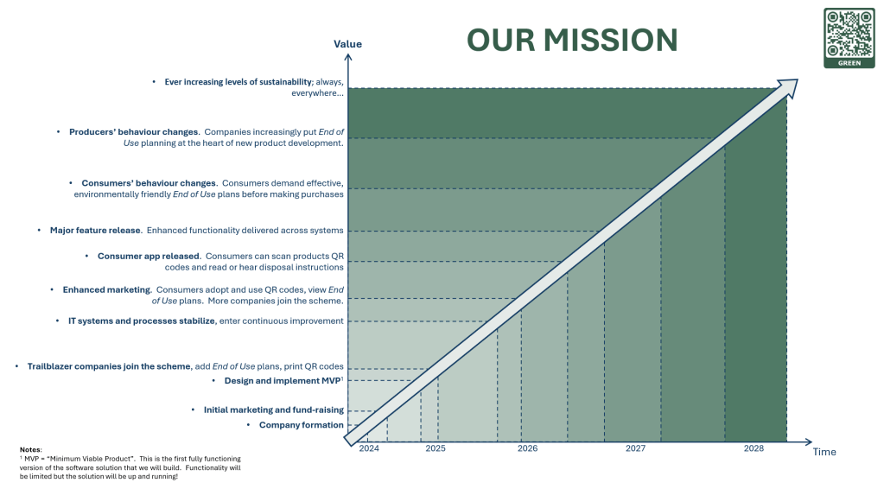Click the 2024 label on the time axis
pos(369,448)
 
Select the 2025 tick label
pos(436,448)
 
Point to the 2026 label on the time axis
pos(527,448)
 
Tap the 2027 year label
pos(635,448)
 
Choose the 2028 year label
pos(754,448)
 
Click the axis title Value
pos(348,44)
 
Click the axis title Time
pos(824,452)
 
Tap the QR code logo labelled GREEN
pos(849,38)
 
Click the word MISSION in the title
pos(610,41)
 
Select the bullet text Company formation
pos(301,425)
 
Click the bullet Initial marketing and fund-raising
pos(273,410)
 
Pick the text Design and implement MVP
pos(283,381)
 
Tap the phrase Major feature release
pos(95,231)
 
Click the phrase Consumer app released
pos(149,257)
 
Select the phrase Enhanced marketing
pos(107,290)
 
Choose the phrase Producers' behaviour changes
pos(134,132)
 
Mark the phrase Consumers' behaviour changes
pos(149,184)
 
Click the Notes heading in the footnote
pos(30,449)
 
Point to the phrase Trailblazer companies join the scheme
pos(109,366)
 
